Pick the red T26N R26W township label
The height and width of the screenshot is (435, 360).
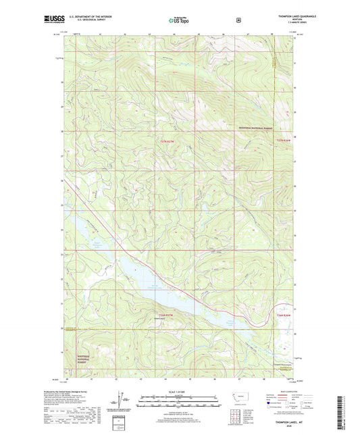(285, 315)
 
